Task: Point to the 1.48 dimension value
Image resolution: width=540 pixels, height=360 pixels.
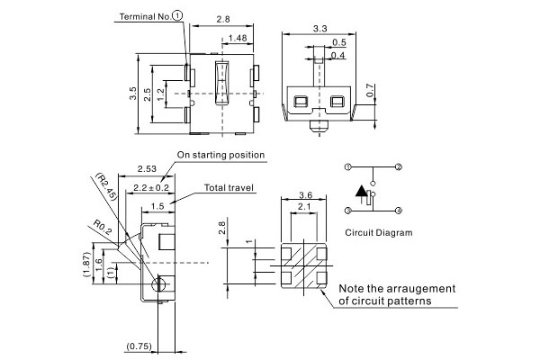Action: click(x=238, y=38)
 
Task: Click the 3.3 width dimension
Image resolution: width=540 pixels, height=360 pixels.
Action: click(x=319, y=29)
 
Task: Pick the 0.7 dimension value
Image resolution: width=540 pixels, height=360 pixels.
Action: click(x=369, y=91)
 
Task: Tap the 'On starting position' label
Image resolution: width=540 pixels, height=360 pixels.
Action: click(x=220, y=155)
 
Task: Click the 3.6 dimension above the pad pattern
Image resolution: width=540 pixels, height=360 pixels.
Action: click(x=304, y=195)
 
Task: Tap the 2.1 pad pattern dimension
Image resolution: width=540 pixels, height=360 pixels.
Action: click(x=304, y=209)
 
